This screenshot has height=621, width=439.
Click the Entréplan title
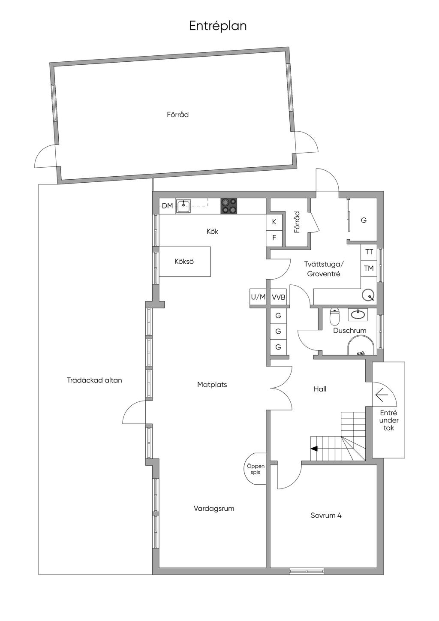point(218,26)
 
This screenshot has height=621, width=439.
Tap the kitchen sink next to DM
point(183,206)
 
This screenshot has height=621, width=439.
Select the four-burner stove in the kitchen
point(229,206)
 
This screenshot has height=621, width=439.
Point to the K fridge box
point(274,222)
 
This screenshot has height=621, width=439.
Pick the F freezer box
point(274,238)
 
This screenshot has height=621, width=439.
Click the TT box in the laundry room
point(369,252)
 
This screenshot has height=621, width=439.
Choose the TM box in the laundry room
point(369,268)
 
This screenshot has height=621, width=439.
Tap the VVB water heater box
point(279,297)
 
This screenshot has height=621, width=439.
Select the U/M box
point(258,297)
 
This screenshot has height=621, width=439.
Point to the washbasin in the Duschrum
point(358,314)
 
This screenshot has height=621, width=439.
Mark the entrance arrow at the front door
point(382,395)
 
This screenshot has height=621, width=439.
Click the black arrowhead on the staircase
point(314,448)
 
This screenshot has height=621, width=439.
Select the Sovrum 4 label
point(326,515)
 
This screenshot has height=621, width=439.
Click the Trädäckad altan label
point(94,380)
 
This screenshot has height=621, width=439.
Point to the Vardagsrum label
point(214,509)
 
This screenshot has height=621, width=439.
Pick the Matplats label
point(212,385)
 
